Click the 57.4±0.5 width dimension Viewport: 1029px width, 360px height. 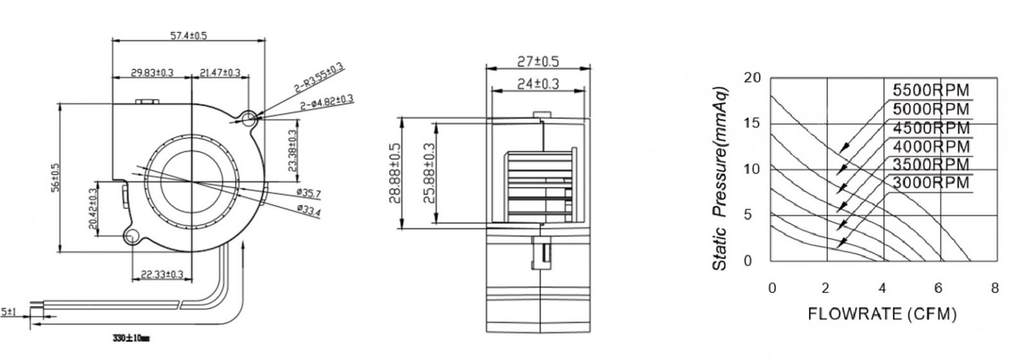188,35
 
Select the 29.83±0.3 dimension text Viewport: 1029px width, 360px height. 152,73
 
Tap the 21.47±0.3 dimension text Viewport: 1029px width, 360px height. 219,73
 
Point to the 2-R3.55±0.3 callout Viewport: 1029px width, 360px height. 319,78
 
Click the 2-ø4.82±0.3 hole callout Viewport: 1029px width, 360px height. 327,102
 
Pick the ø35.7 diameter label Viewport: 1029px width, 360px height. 309,194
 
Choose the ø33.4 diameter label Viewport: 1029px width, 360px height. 309,210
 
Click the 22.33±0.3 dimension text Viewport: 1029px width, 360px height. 161,274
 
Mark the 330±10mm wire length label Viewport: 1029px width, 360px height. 131,338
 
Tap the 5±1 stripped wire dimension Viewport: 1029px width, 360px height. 8,312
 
